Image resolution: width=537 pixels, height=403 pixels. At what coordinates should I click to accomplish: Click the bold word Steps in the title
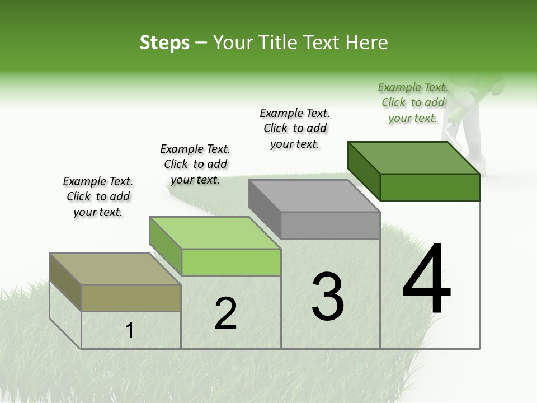(164, 43)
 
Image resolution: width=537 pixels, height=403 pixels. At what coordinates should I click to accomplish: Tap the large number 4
(426, 279)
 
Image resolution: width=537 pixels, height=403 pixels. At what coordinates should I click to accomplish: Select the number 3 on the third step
(328, 297)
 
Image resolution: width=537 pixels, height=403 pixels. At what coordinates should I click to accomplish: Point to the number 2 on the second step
(226, 314)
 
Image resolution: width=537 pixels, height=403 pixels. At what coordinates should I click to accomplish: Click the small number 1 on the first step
(129, 331)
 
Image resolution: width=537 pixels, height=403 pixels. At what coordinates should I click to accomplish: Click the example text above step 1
(98, 196)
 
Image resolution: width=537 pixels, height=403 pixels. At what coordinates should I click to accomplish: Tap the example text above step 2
(195, 164)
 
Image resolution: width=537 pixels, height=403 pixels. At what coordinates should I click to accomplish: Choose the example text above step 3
(295, 128)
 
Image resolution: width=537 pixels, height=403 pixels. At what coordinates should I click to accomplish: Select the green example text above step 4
(413, 102)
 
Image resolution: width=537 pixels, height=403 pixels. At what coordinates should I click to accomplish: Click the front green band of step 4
(430, 187)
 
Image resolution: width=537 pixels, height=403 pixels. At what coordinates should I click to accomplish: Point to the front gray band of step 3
(330, 225)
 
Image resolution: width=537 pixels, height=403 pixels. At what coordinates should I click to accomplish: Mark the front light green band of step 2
(231, 262)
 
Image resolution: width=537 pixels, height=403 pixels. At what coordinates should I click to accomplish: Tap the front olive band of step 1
(131, 298)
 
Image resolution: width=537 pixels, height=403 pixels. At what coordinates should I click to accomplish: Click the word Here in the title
(367, 43)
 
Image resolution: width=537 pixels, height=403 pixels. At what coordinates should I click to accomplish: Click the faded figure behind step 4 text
(481, 112)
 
